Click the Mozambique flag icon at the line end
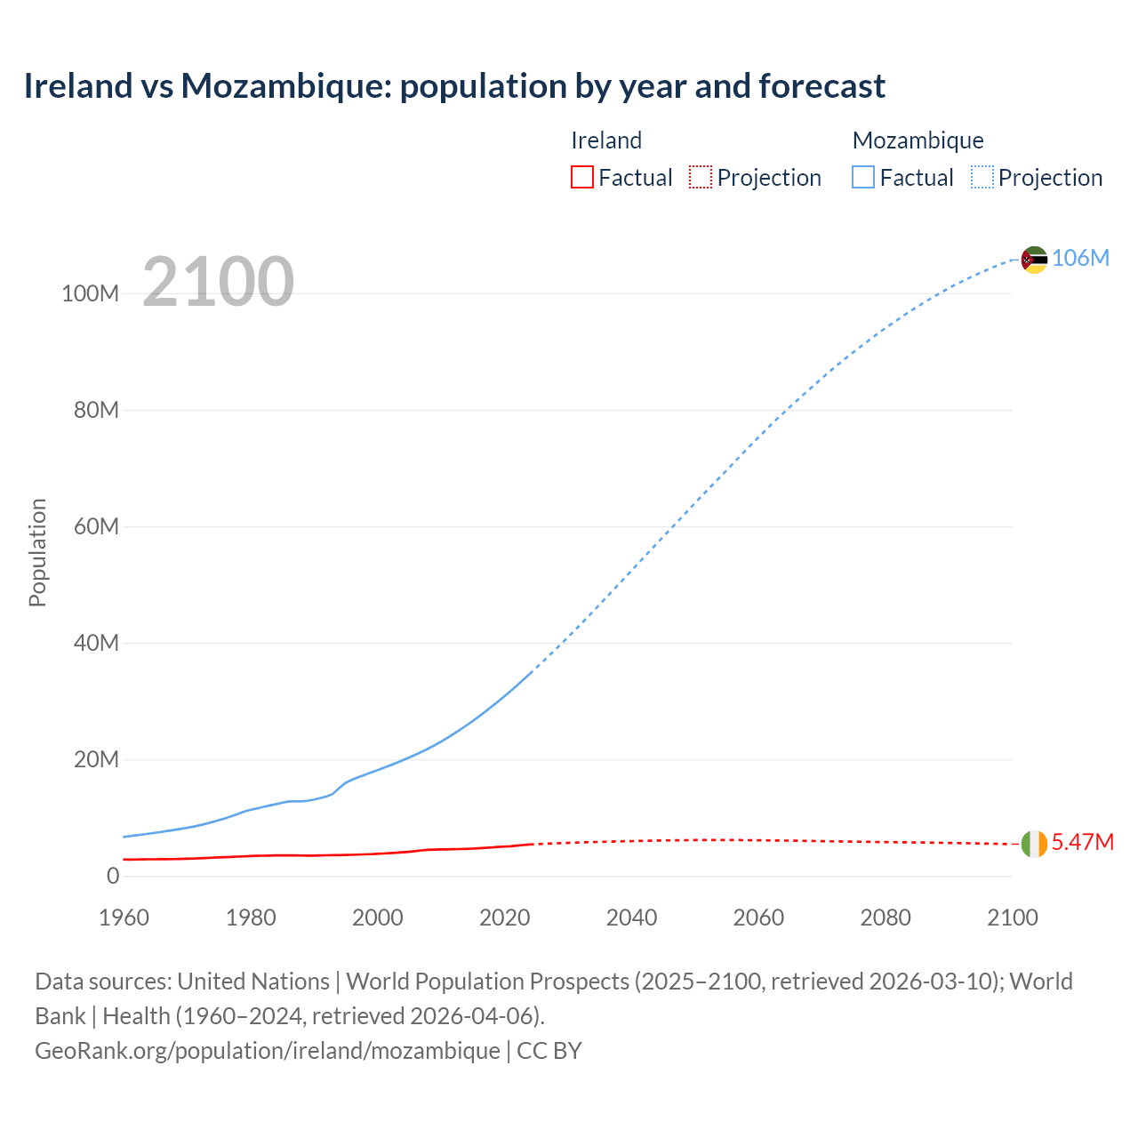click(x=1034, y=260)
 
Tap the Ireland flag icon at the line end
click(x=1034, y=844)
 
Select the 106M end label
click(x=1080, y=258)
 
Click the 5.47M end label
click(x=1082, y=842)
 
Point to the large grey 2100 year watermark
click(x=218, y=282)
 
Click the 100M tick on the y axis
click(x=90, y=293)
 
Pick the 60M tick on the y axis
click(x=96, y=526)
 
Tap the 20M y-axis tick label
click(x=96, y=759)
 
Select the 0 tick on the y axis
click(x=113, y=876)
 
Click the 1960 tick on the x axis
click(x=124, y=918)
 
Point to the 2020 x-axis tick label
click(x=504, y=918)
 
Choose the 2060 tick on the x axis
click(x=758, y=918)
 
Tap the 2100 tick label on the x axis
click(x=1012, y=918)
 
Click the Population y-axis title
click(x=37, y=552)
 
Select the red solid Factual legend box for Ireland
click(x=582, y=177)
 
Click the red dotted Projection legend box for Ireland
click(x=701, y=177)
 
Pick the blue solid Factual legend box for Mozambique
click(x=863, y=177)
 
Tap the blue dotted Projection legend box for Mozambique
click(x=982, y=177)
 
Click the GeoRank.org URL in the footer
click(x=267, y=1050)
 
